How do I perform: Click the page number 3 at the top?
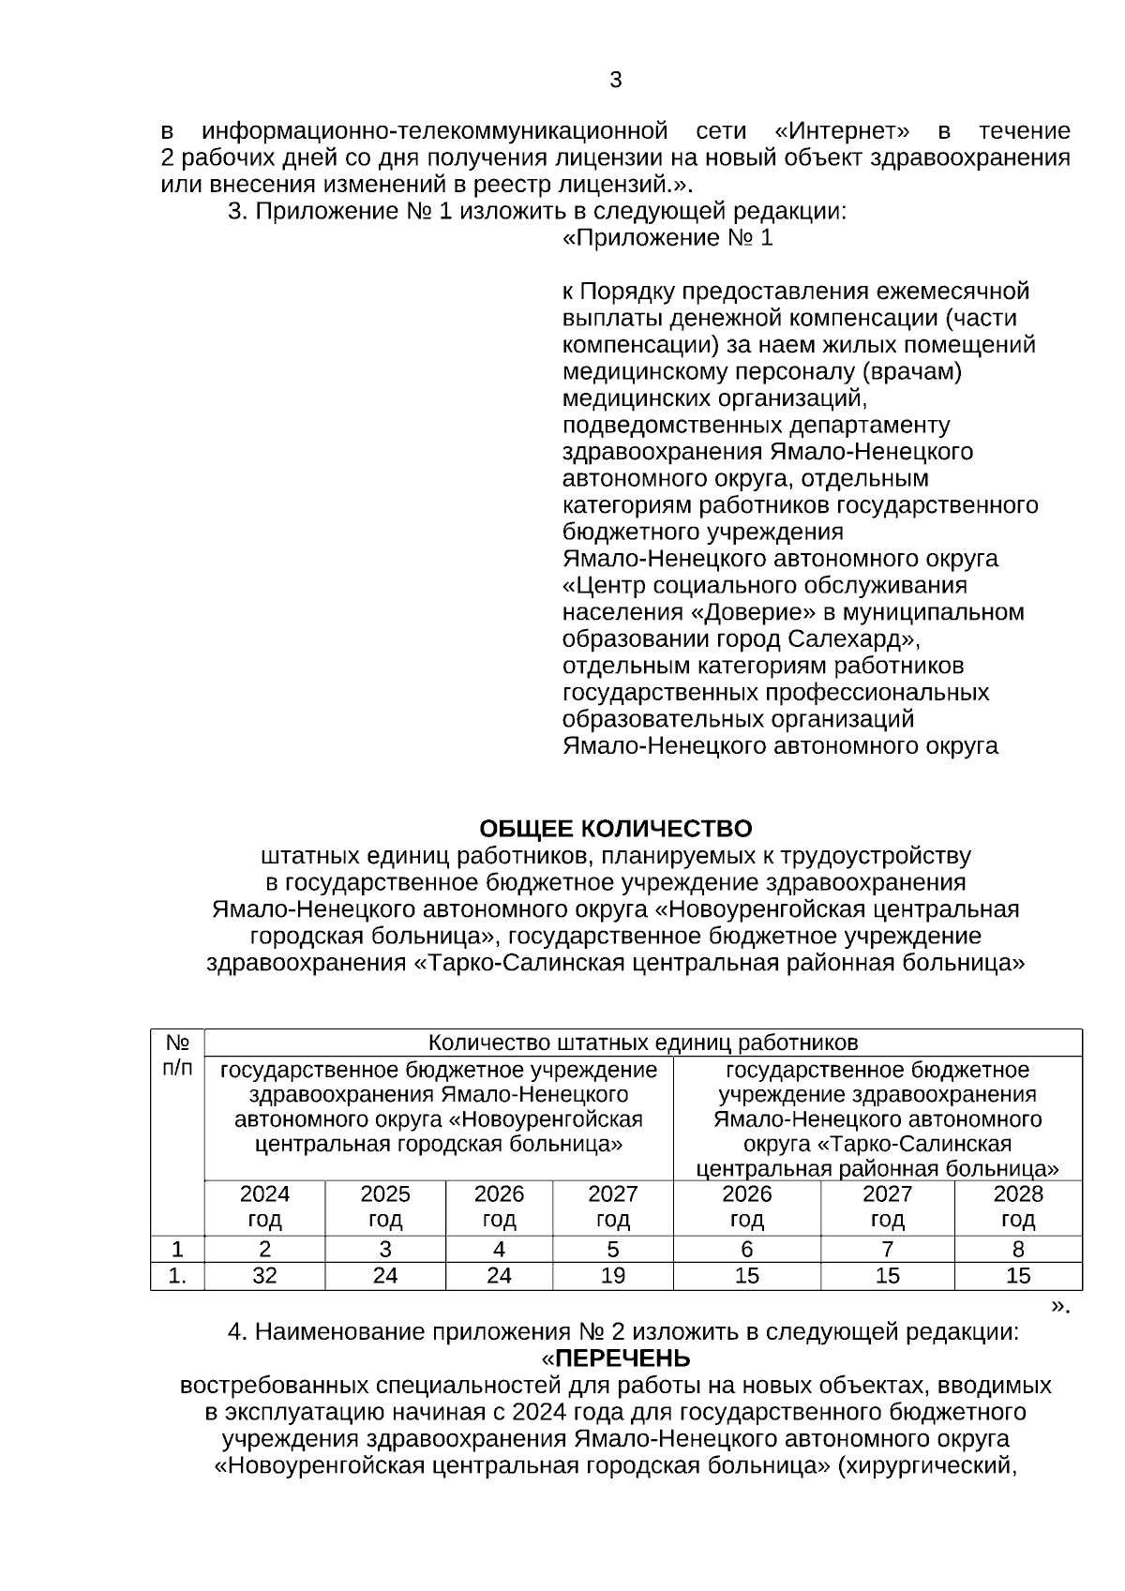coord(615,81)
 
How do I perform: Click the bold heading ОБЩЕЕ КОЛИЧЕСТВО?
coord(615,829)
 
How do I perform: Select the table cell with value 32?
coord(264,1276)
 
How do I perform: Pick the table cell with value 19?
coord(612,1276)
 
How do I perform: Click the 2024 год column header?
coord(264,1207)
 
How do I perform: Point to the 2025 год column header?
coord(385,1207)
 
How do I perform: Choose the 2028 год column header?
coord(1017,1207)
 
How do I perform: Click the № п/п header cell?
coord(177,1056)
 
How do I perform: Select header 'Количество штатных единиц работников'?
coord(642,1043)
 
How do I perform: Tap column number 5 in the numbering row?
coord(612,1250)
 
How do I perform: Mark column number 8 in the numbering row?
coord(1017,1250)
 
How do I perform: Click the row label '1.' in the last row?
coord(177,1276)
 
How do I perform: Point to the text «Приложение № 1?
coord(667,238)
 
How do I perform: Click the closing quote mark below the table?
coord(1060,1305)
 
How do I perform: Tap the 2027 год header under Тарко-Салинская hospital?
coord(887,1207)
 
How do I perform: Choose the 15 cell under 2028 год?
coord(1017,1276)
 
